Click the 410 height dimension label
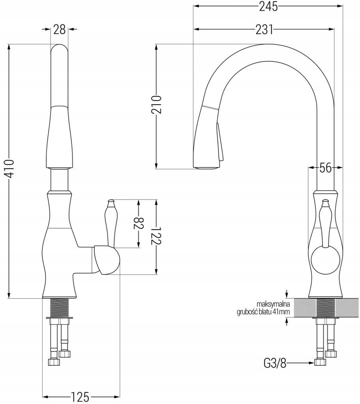pos(10,169)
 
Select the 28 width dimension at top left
pos(59,29)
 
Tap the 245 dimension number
pos(269,6)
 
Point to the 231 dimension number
pos(264,29)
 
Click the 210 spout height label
pos(156,105)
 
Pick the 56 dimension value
pos(325,168)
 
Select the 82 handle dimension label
pos(139,223)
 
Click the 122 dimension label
pos(156,236)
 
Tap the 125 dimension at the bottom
pos(80,397)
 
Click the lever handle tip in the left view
pos(111,200)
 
